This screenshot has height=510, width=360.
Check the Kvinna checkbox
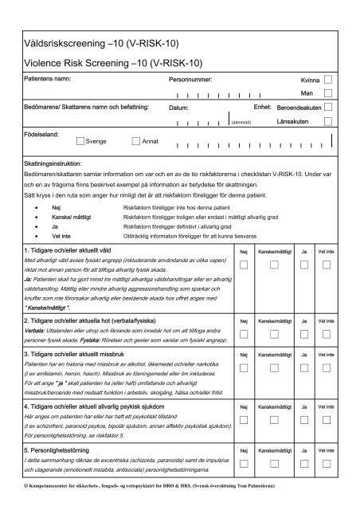click(x=329, y=80)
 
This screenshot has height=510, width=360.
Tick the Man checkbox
click(x=329, y=93)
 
